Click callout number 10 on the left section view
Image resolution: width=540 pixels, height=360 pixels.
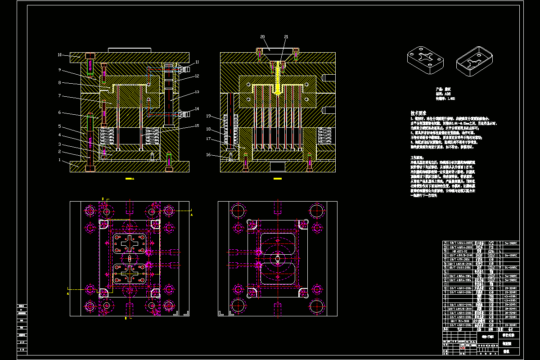click(x=59, y=55)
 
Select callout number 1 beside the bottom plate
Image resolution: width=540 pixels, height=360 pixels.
click(x=59, y=160)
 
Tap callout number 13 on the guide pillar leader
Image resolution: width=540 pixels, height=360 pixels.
click(x=197, y=92)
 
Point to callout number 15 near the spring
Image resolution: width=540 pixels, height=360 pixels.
click(x=197, y=126)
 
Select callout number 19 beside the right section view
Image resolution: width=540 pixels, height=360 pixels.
click(x=208, y=116)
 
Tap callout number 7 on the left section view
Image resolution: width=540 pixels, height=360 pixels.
click(x=59, y=96)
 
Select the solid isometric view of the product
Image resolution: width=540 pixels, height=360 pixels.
click(x=425, y=59)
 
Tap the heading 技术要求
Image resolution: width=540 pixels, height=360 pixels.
click(x=418, y=113)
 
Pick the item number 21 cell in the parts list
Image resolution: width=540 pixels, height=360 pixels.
click(x=445, y=243)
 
